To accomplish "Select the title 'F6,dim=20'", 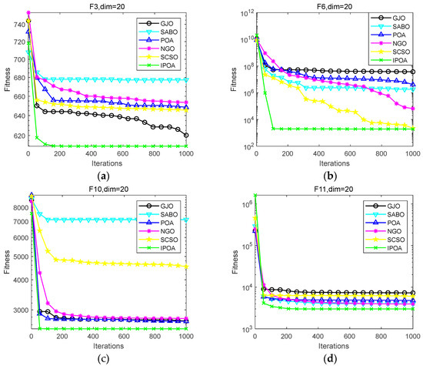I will (335, 7).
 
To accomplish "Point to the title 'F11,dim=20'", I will (335, 188).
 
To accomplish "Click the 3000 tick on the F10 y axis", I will (15, 310).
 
